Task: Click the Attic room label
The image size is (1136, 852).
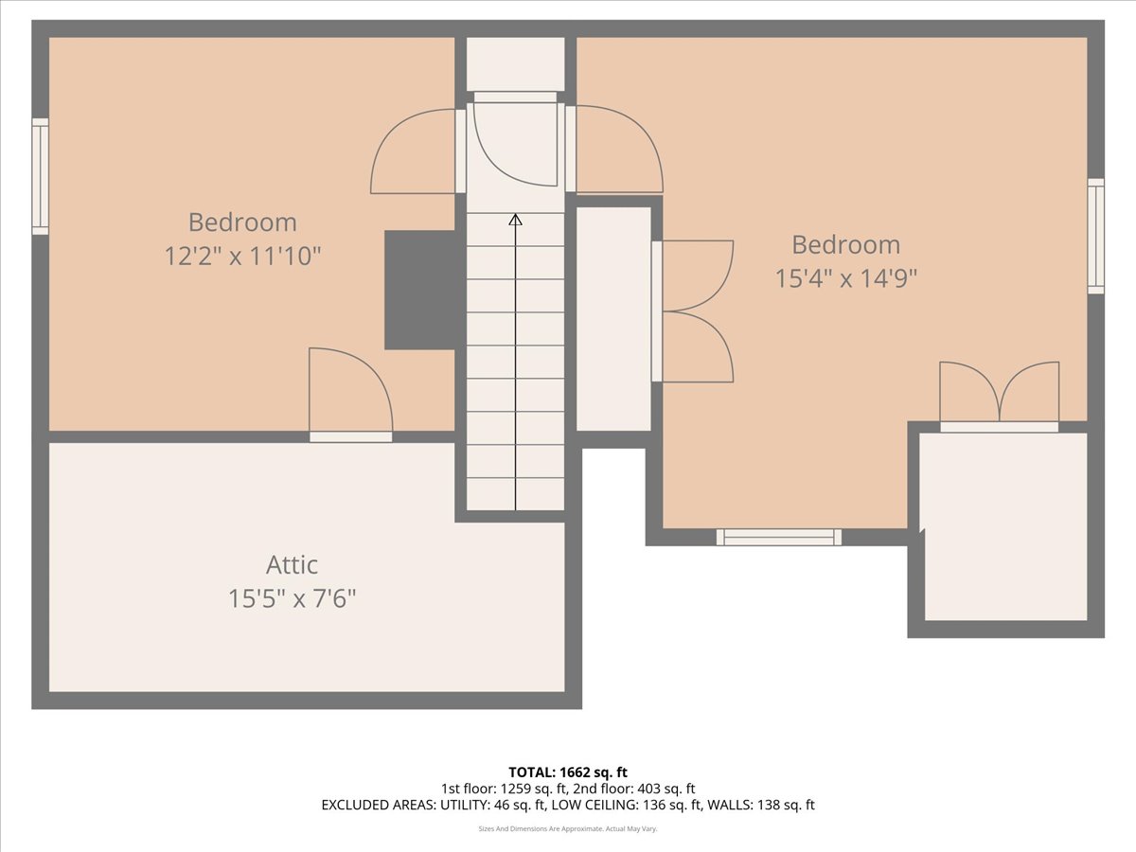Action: (x=292, y=565)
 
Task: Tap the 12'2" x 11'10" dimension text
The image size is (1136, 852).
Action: (x=243, y=256)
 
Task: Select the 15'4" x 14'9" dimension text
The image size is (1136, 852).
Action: (x=845, y=278)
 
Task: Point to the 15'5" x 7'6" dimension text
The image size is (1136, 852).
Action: (x=292, y=598)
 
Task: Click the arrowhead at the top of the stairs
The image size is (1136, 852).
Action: (x=515, y=220)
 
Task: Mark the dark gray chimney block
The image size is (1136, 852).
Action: (x=420, y=290)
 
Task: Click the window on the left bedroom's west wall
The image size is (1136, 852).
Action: (x=40, y=176)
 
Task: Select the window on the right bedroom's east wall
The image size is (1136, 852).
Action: (x=1095, y=236)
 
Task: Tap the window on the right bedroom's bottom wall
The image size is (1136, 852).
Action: (x=778, y=537)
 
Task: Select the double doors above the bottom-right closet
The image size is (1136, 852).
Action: (x=999, y=396)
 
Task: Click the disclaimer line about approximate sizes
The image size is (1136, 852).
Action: (x=568, y=828)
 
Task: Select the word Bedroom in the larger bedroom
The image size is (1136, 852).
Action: (x=845, y=245)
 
